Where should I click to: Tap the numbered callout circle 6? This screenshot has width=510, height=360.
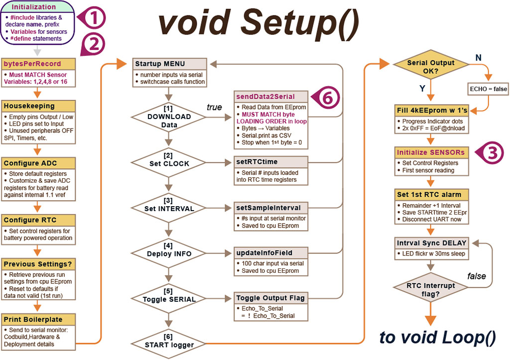pyautogui.click(x=326, y=98)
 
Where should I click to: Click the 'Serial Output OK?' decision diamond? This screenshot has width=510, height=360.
pyautogui.click(x=431, y=67)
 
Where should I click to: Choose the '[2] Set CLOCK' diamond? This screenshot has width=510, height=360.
pyautogui.click(x=169, y=162)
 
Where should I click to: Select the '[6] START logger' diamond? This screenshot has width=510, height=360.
pyautogui.click(x=169, y=343)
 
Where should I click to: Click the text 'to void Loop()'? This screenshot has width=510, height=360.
pyautogui.click(x=437, y=338)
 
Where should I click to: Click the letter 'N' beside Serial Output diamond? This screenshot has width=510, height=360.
pyautogui.click(x=478, y=58)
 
